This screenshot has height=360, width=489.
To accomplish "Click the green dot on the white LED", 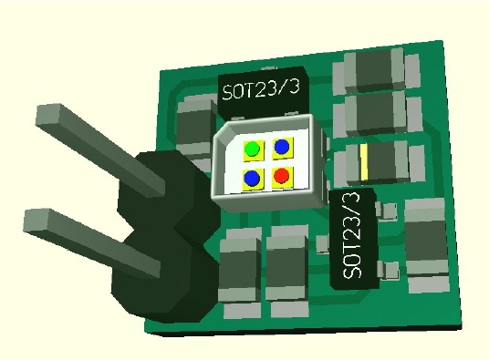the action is tap(253, 149).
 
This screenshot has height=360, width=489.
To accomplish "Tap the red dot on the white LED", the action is tap(282, 176).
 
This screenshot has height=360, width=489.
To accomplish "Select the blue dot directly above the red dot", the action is tap(282, 146).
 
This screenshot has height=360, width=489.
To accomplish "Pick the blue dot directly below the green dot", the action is tap(253, 179).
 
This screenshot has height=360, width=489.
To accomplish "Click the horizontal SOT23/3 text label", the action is tap(261, 89).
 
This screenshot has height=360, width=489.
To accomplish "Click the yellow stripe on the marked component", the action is tap(364, 162).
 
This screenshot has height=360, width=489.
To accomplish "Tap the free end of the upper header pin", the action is tap(48, 115).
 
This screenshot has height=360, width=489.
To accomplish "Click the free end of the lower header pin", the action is tap(36, 220).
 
